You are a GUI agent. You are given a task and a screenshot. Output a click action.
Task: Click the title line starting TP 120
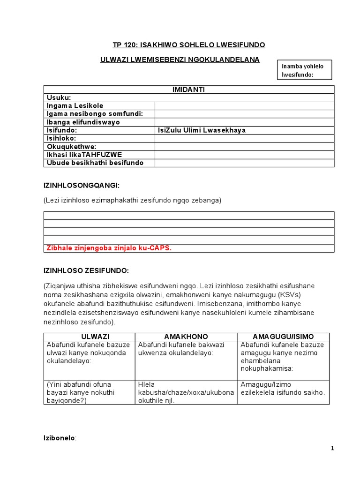click(x=189, y=45)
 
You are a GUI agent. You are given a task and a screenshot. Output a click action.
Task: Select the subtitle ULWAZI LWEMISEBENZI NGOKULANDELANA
click(x=180, y=60)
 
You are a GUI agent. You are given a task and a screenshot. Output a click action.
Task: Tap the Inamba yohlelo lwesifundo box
click(x=306, y=70)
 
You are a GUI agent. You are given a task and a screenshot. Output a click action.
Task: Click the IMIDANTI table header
click(x=188, y=90)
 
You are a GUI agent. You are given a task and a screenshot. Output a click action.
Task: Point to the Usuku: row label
click(x=59, y=97)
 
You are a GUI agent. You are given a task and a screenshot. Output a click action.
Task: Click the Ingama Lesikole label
click(x=75, y=106)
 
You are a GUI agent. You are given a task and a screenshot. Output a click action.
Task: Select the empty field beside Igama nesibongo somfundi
click(x=244, y=114)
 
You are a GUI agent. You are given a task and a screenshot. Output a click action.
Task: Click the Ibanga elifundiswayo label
click(x=83, y=122)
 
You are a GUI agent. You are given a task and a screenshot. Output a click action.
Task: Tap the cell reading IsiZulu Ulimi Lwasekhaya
click(x=202, y=130)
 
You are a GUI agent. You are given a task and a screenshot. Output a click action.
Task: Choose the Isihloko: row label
click(x=61, y=138)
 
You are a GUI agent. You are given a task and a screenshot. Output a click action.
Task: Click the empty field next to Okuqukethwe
click(x=244, y=147)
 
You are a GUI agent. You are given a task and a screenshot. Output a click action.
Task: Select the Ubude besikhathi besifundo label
click(x=95, y=163)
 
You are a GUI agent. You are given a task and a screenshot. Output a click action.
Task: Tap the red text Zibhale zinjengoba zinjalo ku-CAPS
click(x=109, y=248)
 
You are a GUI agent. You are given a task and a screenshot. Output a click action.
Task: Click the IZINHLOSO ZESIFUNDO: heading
click(x=86, y=270)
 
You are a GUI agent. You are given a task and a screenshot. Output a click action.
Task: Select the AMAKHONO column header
click(x=186, y=337)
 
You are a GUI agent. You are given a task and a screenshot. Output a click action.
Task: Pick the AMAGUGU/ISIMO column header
click(x=283, y=337)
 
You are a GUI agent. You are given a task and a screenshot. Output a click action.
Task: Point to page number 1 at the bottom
click(x=332, y=449)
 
